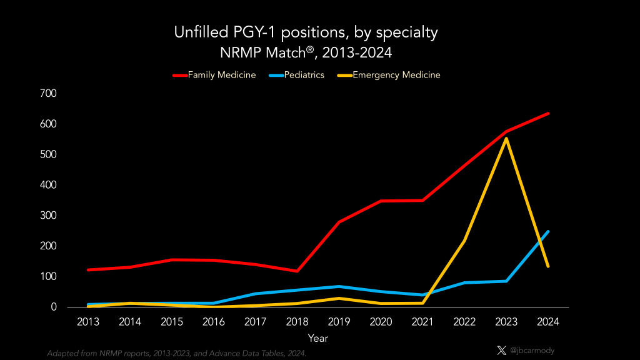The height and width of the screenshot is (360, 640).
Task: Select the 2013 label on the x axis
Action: [89, 322]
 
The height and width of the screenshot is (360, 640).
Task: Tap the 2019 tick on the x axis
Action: [339, 322]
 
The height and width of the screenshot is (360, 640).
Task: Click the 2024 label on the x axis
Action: [547, 322]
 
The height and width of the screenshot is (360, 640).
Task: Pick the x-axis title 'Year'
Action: [317, 338]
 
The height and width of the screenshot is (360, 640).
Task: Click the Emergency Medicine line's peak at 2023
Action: [506, 139]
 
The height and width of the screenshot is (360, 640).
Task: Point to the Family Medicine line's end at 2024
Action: [548, 113]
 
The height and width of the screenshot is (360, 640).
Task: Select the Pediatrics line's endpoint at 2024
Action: [548, 232]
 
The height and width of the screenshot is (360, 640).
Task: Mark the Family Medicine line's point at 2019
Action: [339, 222]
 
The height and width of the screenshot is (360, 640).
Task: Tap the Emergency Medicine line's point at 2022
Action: [464, 241]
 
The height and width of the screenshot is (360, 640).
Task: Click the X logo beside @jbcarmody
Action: [501, 351]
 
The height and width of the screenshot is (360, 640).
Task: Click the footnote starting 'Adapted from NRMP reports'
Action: [176, 353]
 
